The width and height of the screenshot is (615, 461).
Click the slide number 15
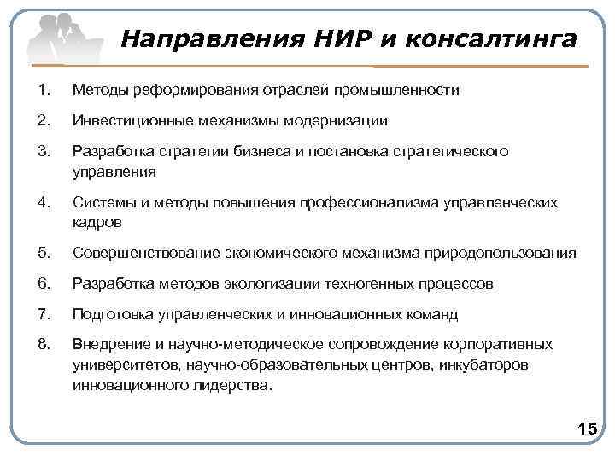(x=587, y=428)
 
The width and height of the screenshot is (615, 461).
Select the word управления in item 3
(x=114, y=171)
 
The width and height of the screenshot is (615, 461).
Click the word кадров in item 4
(x=97, y=222)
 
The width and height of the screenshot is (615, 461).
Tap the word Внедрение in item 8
(x=109, y=345)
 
